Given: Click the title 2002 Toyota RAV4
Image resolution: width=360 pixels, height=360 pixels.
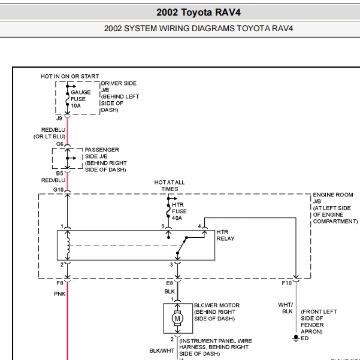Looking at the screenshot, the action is pos(198,13).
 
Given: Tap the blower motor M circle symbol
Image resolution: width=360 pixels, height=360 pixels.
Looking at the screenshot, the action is pos(177,318).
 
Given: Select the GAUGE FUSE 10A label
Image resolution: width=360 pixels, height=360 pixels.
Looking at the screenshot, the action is pos(81,99).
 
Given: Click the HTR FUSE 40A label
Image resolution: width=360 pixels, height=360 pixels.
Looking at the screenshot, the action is pos(179,211).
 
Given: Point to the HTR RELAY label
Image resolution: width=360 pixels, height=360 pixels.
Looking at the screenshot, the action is pos(225,235).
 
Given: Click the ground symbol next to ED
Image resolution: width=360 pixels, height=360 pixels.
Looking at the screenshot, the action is pos(296,338).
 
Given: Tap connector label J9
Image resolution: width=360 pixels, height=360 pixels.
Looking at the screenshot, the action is pos(59,119).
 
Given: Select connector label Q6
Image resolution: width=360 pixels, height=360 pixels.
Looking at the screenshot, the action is pos(60,144).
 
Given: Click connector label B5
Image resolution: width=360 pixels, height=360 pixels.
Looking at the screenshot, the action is pos(59,173).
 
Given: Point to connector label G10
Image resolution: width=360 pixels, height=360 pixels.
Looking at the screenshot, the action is pos(58,190).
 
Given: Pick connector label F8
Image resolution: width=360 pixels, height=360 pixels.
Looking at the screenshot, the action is pos(60,283).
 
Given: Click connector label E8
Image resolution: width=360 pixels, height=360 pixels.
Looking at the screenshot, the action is pos(170,283).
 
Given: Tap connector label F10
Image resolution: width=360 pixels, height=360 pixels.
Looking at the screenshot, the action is pos(286,283).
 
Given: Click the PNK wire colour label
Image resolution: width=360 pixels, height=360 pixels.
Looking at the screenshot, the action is pos(60,294).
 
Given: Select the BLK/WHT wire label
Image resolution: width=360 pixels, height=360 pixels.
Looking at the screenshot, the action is pos(162,351).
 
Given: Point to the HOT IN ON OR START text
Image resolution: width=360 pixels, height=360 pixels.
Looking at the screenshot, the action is pos(69,77).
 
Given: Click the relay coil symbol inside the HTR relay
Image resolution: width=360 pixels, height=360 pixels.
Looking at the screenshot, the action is pos(68,245).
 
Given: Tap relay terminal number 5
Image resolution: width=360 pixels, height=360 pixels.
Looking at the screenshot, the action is pos(163,226).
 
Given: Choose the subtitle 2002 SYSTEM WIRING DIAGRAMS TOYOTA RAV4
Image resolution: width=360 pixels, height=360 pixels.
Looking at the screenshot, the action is pos(198,29).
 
